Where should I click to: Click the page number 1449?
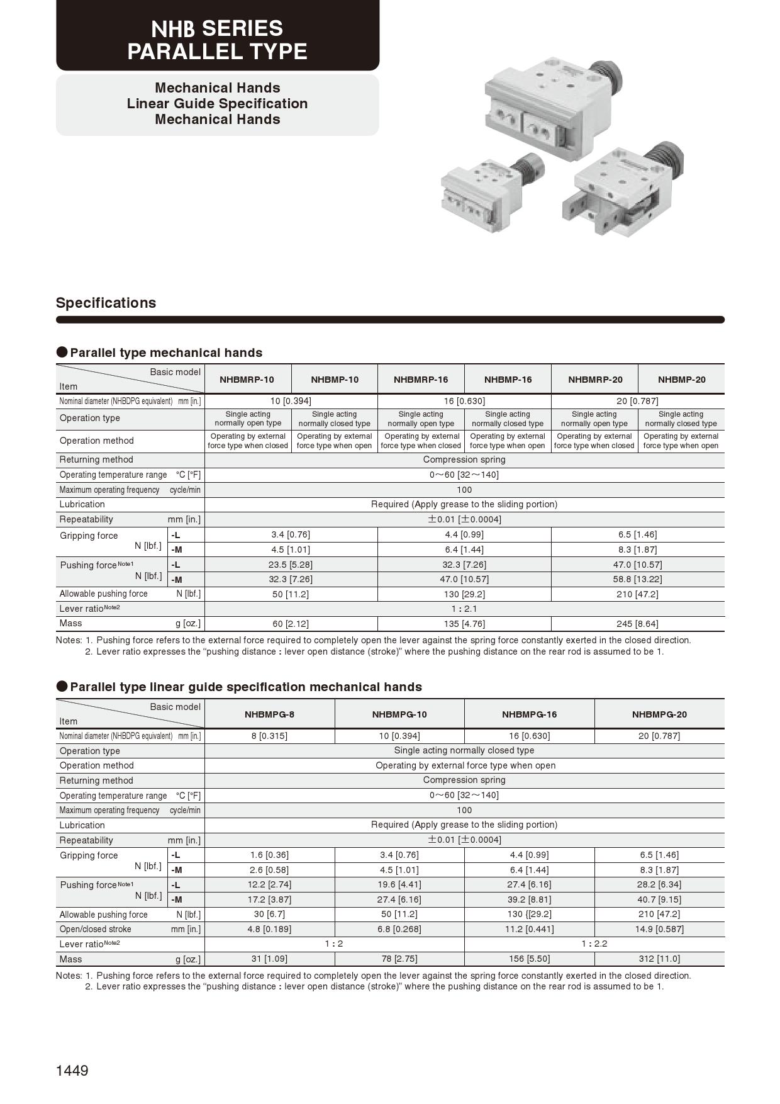point(72,1070)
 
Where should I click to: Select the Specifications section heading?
point(106,303)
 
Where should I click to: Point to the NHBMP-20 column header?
point(681,380)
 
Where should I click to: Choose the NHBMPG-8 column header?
point(269,714)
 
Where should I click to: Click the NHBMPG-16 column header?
point(529,714)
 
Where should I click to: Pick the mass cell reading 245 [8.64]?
point(637,624)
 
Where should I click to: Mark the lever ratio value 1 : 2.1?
point(464,609)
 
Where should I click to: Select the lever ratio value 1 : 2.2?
point(594,943)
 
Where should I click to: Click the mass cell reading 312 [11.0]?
point(659,959)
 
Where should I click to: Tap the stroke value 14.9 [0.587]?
point(659,929)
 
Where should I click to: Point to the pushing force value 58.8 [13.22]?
point(637,579)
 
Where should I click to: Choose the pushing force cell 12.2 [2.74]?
point(269,884)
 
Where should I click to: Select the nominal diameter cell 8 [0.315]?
point(269,736)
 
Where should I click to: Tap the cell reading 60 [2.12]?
point(291,624)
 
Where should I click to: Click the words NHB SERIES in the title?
point(217,28)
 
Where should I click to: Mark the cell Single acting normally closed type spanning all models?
point(464,750)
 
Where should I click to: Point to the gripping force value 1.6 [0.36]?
point(269,855)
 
